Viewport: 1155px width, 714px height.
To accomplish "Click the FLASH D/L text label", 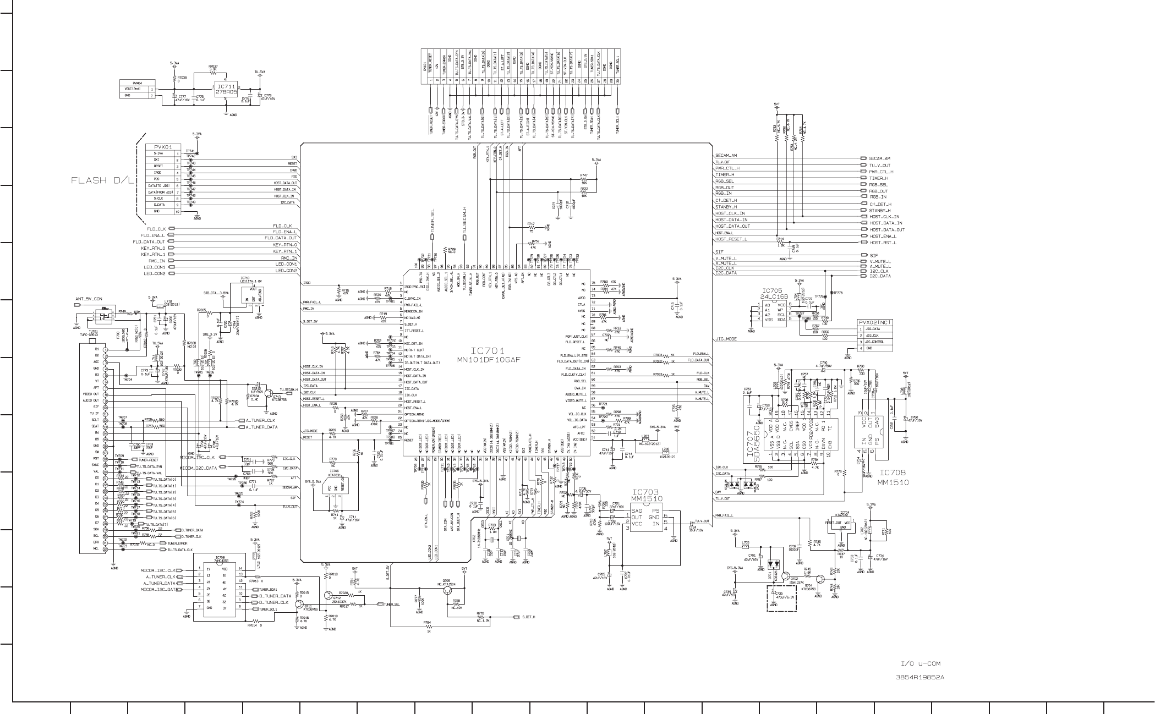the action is pyautogui.click(x=102, y=180).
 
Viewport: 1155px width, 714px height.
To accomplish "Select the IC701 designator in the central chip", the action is pyautogui.click(x=487, y=350).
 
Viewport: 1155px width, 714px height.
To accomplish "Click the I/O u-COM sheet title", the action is pyautogui.click(x=921, y=664).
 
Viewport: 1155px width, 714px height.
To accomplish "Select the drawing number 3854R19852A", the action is pyautogui.click(x=920, y=677).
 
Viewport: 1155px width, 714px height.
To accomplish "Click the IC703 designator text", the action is pyautogui.click(x=645, y=492).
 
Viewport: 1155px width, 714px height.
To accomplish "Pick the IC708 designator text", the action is pyautogui.click(x=893, y=473).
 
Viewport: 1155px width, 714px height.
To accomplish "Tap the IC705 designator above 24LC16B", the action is pyautogui.click(x=771, y=291).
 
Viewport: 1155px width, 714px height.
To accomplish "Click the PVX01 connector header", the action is pyautogui.click(x=163, y=147).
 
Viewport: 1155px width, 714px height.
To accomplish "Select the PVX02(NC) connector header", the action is pyautogui.click(x=875, y=322).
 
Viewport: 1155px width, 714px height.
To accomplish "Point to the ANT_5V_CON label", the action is pyautogui.click(x=89, y=299).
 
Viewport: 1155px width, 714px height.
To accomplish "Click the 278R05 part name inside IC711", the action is pyautogui.click(x=226, y=92).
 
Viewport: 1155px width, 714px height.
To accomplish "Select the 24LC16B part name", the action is pyautogui.click(x=775, y=296).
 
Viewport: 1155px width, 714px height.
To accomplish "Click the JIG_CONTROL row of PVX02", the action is pyautogui.click(x=875, y=342).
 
